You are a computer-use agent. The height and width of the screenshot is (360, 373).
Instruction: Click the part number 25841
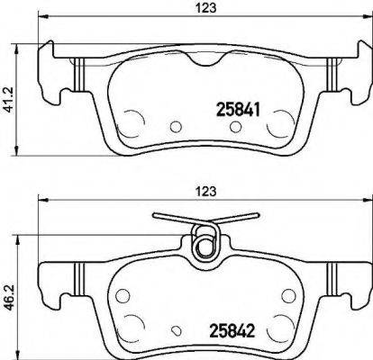(x=239, y=108)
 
